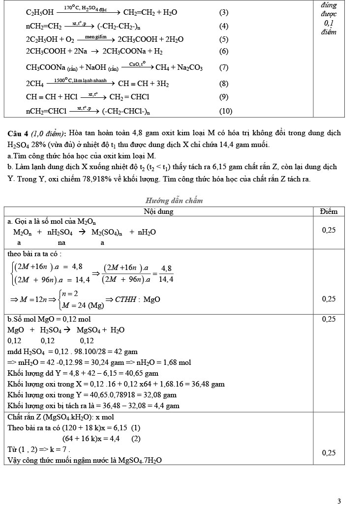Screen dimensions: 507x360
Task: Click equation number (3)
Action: pos(224,12)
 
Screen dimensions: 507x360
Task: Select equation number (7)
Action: pos(224,68)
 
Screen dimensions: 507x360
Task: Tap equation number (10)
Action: pos(226,111)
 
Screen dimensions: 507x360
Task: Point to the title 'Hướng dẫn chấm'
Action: pos(174,201)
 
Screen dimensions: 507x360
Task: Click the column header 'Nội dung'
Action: pos(158,211)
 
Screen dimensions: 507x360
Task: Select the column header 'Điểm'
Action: pos(329,211)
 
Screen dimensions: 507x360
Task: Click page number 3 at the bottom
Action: pos(339,501)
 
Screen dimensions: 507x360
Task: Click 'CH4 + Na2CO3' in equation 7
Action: pos(179,68)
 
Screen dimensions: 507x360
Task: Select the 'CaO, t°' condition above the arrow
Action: pos(137,64)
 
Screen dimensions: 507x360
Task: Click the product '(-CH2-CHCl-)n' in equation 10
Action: pos(126,111)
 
